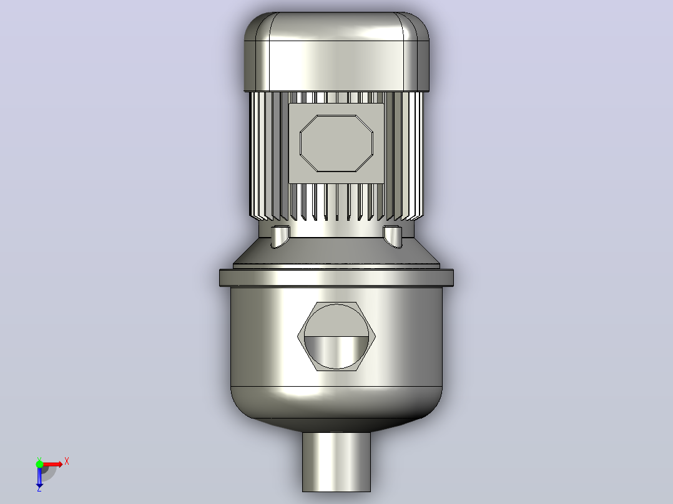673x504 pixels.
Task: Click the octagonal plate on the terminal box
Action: tap(336, 143)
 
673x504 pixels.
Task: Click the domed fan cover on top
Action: tap(336, 52)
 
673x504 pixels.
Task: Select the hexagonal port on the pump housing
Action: tap(336, 336)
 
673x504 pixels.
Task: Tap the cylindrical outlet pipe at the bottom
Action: tap(336, 462)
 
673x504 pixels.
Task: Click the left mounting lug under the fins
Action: tap(280, 236)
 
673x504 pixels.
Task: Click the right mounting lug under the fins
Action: tap(393, 236)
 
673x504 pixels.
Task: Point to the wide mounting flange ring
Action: tap(336, 278)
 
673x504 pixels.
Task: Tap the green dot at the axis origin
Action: tap(39, 464)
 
